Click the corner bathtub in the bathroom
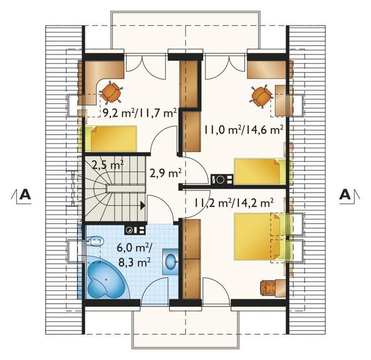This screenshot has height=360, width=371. (106, 279)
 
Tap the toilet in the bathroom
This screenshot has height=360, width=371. (96, 241)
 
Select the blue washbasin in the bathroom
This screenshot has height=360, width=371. (170, 262)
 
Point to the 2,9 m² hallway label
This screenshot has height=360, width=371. (165, 174)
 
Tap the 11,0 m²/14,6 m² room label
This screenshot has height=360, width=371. (244, 130)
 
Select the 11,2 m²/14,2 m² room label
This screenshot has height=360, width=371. (234, 203)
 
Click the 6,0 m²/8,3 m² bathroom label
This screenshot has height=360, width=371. (134, 256)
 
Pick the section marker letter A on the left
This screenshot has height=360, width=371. (25, 195)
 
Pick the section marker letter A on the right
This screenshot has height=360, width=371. (345, 195)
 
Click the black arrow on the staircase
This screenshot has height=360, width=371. (143, 206)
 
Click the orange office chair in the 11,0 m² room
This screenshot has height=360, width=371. (261, 95)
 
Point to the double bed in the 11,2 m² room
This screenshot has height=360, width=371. (260, 236)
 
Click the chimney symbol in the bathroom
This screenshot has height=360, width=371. (135, 230)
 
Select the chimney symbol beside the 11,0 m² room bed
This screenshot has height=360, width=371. (222, 179)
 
